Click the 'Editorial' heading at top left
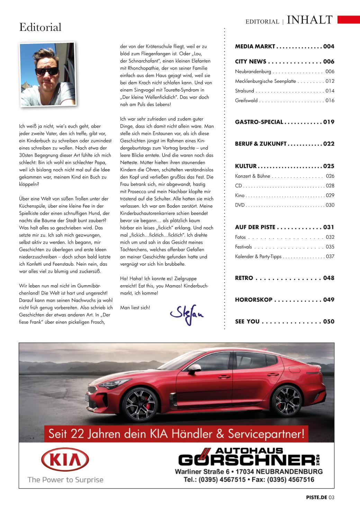tap(40, 27)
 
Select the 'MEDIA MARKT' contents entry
tap(255, 46)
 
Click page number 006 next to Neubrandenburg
tap(330, 72)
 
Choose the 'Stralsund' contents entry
tap(244, 91)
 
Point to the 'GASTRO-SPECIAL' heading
tap(259, 122)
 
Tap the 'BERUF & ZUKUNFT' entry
tap(261, 144)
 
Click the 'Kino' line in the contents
tap(240, 196)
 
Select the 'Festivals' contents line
tap(243, 247)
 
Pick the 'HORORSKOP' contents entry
tap(254, 300)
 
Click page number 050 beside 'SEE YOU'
tap(328, 321)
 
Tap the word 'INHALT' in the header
tap(309, 20)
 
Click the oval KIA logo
tap(65, 461)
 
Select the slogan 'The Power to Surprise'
tap(65, 480)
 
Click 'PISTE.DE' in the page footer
tap(316, 498)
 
